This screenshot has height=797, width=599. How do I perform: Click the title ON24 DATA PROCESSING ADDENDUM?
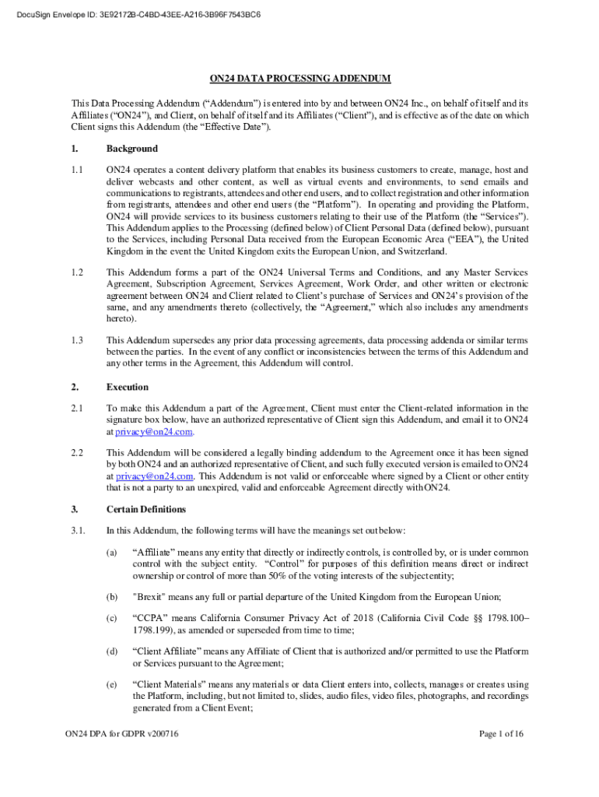pyautogui.click(x=299, y=79)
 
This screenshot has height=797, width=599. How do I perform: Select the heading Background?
pyautogui.click(x=131, y=149)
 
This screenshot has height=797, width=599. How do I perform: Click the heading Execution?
pyautogui.click(x=127, y=387)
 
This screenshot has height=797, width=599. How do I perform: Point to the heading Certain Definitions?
pyautogui.click(x=146, y=510)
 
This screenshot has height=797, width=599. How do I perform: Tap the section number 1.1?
pyautogui.click(x=77, y=169)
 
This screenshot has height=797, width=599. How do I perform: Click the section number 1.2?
pyautogui.click(x=77, y=272)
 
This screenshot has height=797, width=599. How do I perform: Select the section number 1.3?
pyautogui.click(x=77, y=340)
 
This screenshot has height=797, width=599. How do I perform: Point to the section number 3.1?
pyautogui.click(x=78, y=531)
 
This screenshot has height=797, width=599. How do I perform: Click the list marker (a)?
pyautogui.click(x=112, y=552)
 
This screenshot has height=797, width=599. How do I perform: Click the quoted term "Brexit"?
pyautogui.click(x=152, y=597)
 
